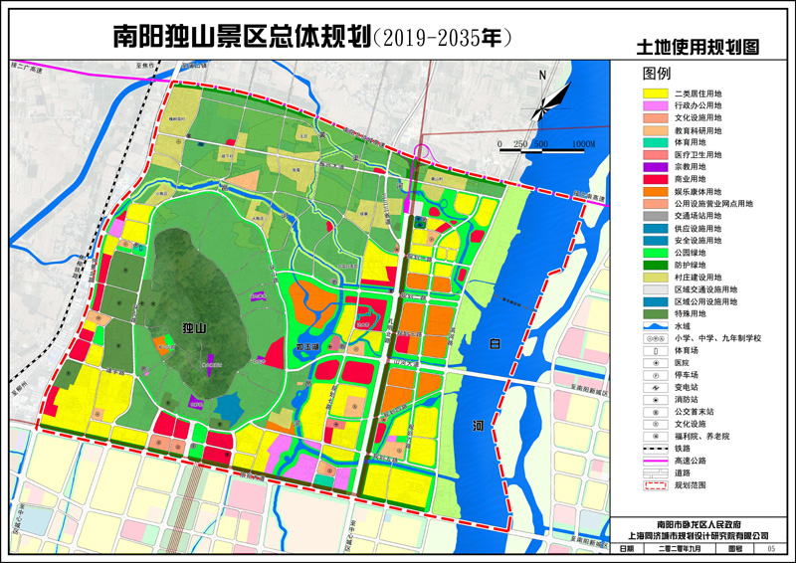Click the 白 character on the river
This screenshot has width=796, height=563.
tap(495, 343)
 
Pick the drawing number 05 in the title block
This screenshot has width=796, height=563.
tap(771, 548)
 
